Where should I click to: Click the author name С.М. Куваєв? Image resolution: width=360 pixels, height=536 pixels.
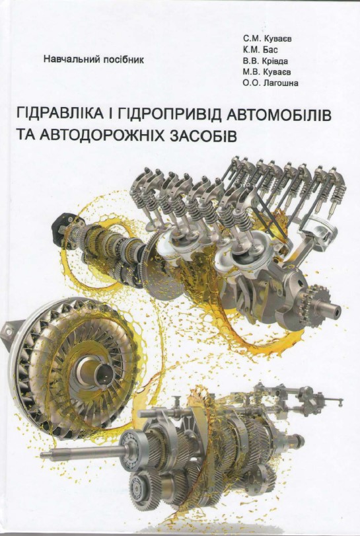click(268, 38)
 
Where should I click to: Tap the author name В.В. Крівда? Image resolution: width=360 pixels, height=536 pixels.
click(266, 61)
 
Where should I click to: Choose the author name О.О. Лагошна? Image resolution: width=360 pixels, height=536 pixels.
click(271, 83)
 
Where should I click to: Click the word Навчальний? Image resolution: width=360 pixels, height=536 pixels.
click(71, 59)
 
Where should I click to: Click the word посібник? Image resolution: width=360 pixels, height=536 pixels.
click(123, 59)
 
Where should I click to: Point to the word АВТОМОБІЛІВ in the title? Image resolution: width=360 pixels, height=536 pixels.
click(278, 114)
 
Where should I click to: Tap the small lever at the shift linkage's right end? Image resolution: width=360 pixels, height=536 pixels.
click(338, 401)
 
